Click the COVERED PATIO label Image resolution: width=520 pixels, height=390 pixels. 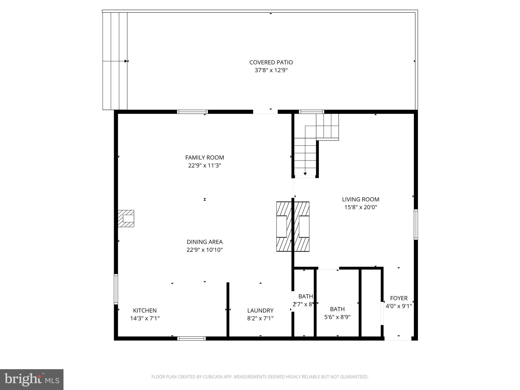(271, 62)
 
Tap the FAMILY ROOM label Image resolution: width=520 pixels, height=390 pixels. (204, 157)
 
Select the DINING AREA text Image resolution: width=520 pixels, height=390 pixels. (204, 242)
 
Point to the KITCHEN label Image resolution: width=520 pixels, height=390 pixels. (145, 310)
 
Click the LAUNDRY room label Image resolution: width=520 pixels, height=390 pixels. (260, 310)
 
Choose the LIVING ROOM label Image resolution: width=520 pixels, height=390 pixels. (361, 199)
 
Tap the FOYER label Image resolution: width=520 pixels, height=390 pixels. (399, 298)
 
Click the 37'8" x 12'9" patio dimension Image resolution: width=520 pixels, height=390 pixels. (271, 70)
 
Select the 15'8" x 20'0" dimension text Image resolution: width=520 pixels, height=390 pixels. (361, 207)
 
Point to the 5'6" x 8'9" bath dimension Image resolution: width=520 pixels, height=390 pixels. (337, 317)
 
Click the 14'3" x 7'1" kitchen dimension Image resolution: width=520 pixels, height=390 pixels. (145, 318)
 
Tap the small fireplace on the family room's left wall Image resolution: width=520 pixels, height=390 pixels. (126, 218)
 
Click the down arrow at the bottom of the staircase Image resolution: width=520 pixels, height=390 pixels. (305, 174)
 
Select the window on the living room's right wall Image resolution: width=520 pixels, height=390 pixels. (416, 224)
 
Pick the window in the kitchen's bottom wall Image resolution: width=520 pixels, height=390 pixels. (191, 338)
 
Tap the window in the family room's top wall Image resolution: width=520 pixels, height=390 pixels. (192, 112)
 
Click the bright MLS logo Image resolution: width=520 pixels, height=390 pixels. (32, 379)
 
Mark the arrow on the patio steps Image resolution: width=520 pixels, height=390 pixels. (125, 61)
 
